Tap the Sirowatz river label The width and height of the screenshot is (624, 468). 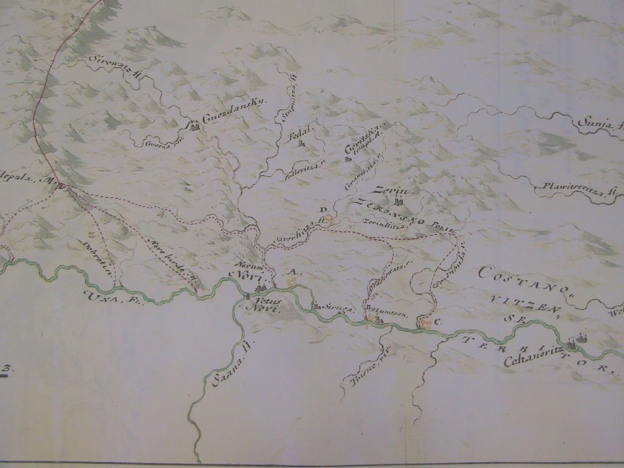[116, 67]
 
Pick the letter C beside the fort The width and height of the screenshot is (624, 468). [438, 321]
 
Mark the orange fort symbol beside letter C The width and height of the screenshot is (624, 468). [425, 324]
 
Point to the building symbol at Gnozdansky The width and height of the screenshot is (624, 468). [195, 127]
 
